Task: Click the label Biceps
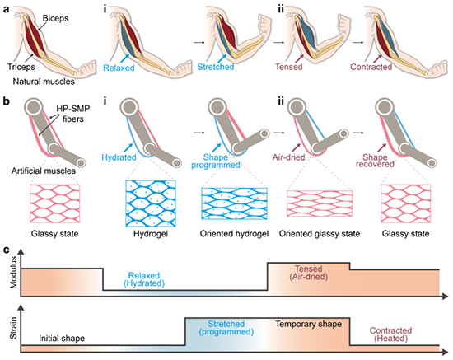point(55,18)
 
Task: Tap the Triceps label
point(21,67)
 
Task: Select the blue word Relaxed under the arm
point(119,68)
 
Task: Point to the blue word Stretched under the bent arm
point(216,67)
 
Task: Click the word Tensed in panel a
point(288,67)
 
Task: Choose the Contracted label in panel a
point(371,67)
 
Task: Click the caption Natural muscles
point(44,82)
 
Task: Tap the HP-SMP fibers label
point(73,114)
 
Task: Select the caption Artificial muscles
point(44,171)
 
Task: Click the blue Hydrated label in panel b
point(119,157)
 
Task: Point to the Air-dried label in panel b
point(288,157)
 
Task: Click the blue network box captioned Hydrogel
point(151,203)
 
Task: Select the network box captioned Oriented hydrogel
point(234,203)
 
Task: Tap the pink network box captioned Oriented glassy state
point(320,203)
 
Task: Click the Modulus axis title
point(13,273)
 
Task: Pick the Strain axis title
point(13,328)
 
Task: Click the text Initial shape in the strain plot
point(62,339)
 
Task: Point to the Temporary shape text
point(309,324)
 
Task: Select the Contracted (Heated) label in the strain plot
point(390,334)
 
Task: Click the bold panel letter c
point(6,250)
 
